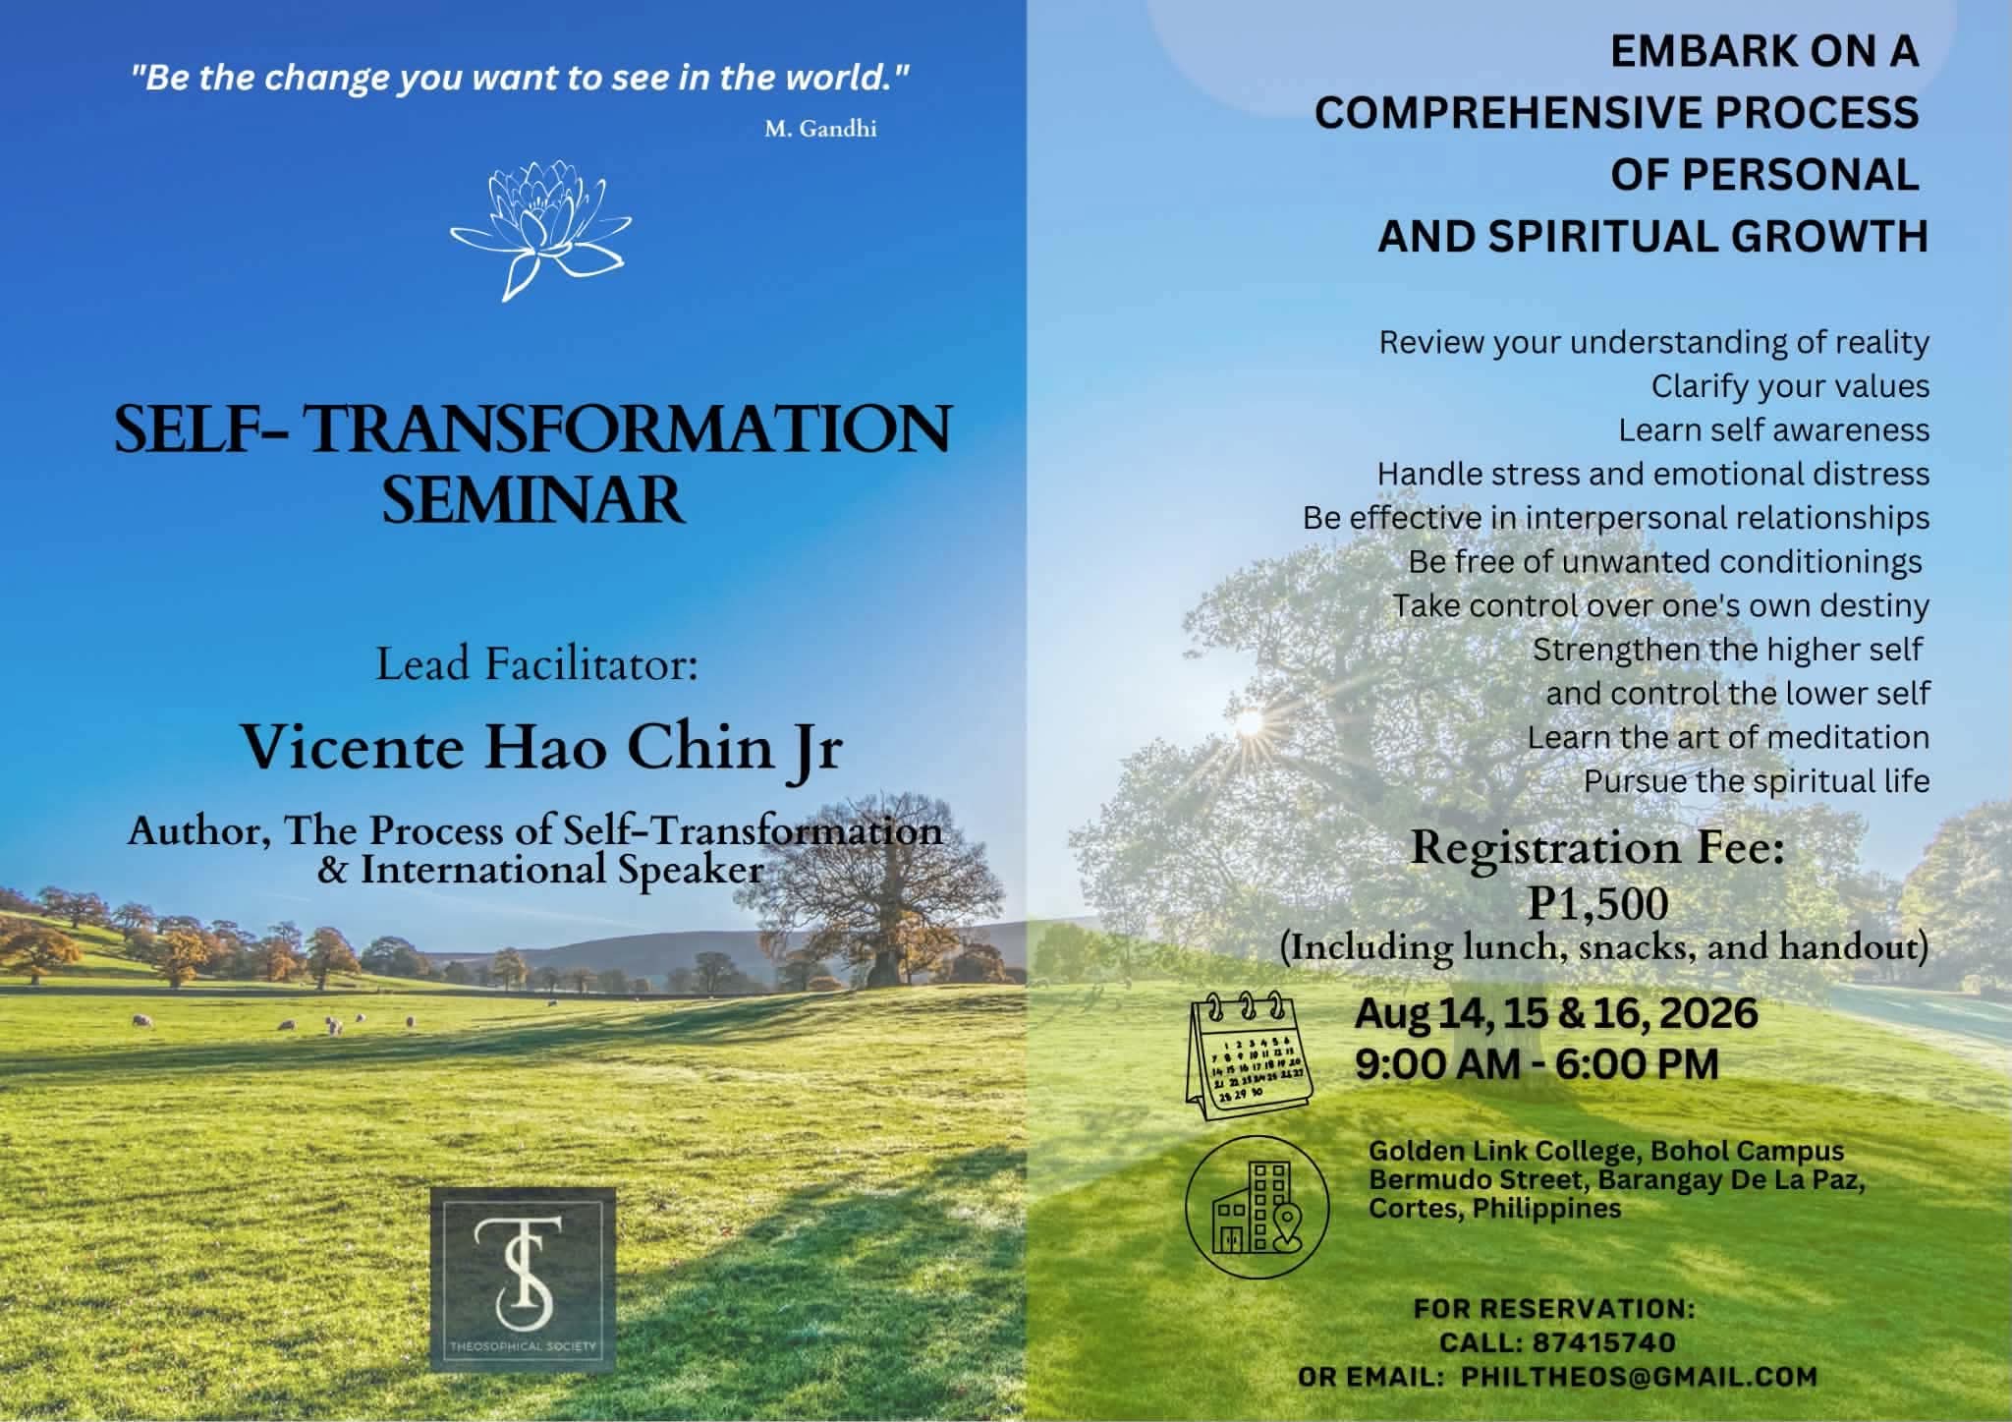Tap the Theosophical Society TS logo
click(523, 1279)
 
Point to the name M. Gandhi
click(820, 129)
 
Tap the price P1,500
click(1597, 904)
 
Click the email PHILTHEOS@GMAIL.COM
click(1639, 1377)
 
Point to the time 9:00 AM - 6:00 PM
click(1537, 1064)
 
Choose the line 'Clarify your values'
click(1790, 386)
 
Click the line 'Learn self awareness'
click(1774, 430)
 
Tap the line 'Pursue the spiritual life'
click(1757, 782)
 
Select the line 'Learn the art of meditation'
click(1728, 738)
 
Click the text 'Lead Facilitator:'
click(536, 665)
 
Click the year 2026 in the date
click(1708, 1013)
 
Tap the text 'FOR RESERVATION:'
click(1554, 1309)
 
